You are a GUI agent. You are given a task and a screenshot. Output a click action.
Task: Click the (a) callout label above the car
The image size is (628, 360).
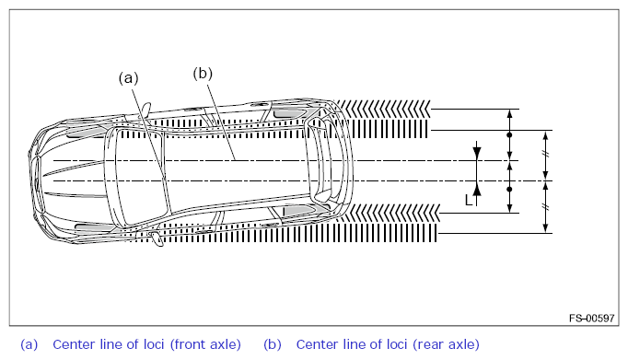(x=128, y=78)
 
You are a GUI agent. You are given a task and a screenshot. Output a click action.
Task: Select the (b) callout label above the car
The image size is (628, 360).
(x=203, y=74)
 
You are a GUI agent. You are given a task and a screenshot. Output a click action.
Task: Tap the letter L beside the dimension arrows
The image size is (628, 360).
(x=468, y=200)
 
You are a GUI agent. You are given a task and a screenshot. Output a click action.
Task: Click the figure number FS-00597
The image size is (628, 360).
(x=591, y=318)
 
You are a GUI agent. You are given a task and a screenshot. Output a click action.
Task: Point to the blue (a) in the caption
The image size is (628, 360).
(x=29, y=344)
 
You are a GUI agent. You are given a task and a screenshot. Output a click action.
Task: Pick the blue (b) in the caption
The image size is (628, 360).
(x=273, y=344)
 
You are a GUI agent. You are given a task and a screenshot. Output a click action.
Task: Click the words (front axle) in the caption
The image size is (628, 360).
(x=205, y=344)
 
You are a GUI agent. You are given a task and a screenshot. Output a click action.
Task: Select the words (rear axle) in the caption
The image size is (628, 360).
(x=446, y=344)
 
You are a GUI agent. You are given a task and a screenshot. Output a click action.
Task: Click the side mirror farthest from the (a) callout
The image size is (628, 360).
(x=157, y=239)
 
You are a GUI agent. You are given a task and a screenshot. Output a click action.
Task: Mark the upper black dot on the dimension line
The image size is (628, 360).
(x=509, y=135)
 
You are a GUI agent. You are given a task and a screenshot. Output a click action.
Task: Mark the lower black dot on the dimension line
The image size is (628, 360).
(x=509, y=189)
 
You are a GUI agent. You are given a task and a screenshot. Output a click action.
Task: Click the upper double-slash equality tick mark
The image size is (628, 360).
(x=545, y=154)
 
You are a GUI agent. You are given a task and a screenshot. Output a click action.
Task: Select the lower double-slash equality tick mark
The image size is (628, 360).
(x=545, y=207)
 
